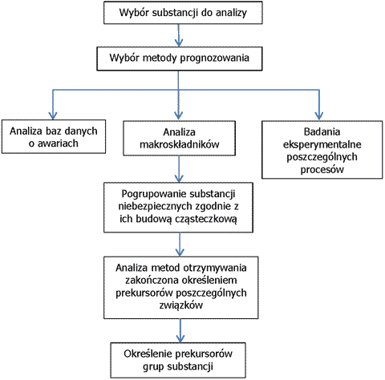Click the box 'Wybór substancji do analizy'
pos(183,13)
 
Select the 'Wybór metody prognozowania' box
pos(180,59)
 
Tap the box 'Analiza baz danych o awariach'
pos(54,136)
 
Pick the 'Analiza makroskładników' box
pos(179,138)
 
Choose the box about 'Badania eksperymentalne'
pos(322,150)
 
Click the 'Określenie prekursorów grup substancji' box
pos(178,360)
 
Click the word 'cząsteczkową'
pos(206,219)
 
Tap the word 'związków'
pos(181,305)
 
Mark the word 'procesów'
pos(322,169)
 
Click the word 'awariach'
pos(58,144)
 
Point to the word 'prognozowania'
pos(215,59)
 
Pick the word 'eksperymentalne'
pos(322,144)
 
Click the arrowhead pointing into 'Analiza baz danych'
pos(53,115)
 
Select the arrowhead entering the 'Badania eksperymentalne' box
pos(318,115)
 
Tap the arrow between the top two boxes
pos(179,35)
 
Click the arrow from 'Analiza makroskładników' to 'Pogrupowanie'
pos(179,169)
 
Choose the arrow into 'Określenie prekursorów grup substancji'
pos(180,330)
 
